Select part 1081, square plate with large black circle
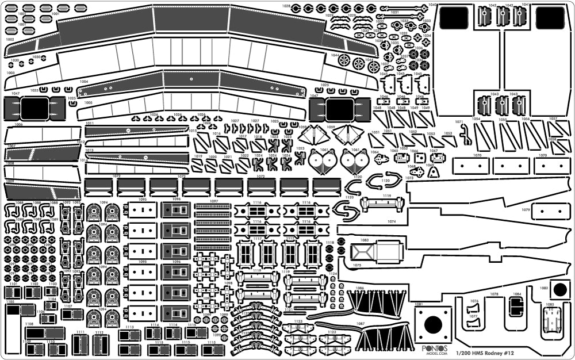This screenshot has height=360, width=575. (433, 326)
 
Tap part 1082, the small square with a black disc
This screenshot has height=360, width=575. (559, 289)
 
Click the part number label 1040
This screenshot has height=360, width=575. (432, 5)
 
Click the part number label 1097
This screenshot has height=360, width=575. (213, 201)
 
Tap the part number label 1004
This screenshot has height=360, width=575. (85, 82)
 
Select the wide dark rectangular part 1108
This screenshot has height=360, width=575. (43, 332)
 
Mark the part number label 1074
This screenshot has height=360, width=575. (392, 221)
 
